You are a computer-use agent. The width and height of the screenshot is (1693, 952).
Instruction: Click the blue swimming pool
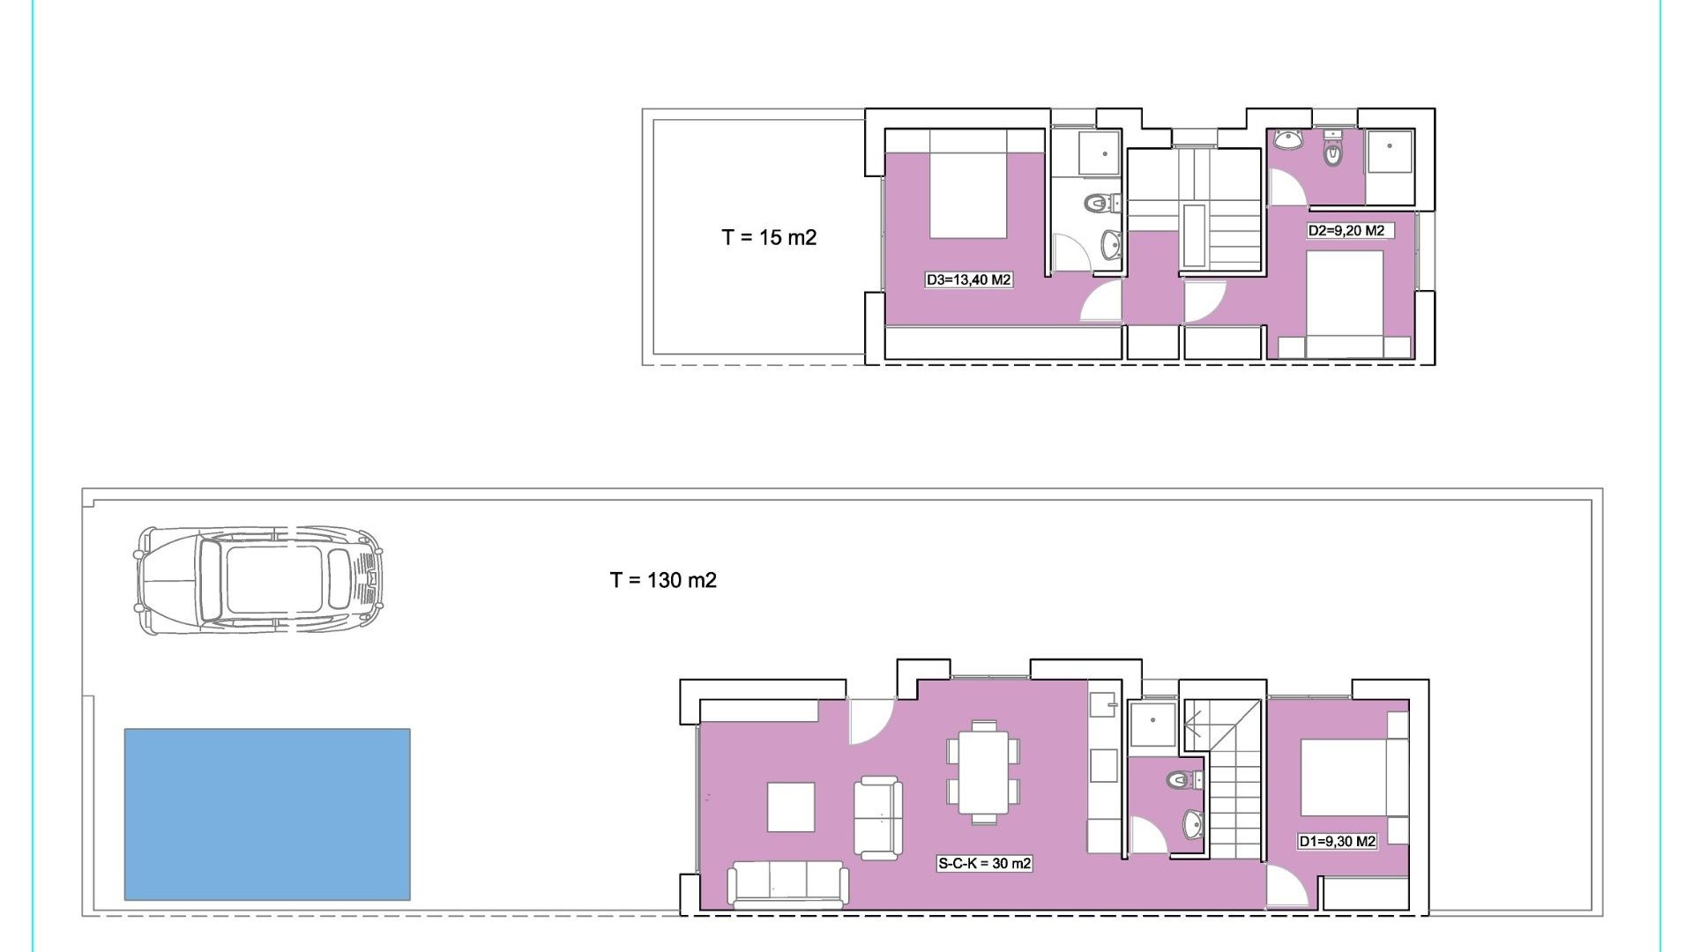[x=267, y=814]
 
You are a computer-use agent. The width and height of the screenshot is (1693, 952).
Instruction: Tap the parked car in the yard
[x=258, y=581]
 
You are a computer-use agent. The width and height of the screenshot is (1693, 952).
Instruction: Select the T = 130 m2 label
[x=663, y=580]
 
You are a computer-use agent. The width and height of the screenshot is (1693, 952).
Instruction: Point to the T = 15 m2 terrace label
[x=769, y=237]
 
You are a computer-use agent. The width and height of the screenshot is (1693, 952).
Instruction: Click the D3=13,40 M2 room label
[x=968, y=280]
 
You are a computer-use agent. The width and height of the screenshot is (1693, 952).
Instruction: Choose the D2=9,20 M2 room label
[x=1346, y=231]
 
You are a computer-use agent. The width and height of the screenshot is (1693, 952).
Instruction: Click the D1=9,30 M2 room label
[x=1337, y=841]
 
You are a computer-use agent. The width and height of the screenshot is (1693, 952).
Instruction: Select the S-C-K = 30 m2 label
[x=984, y=863]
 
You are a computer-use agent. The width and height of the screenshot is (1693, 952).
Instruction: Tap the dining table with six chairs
[x=983, y=772]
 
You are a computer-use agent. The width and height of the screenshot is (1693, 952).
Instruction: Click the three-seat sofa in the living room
[x=788, y=884]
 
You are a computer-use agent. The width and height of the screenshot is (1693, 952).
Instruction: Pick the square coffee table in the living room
[x=791, y=807]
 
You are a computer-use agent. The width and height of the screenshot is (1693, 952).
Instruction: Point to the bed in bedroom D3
[x=968, y=183]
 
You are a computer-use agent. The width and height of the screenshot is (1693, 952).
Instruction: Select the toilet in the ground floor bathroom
[x=1182, y=780]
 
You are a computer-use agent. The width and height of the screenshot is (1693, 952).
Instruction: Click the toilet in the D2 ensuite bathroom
[x=1332, y=153]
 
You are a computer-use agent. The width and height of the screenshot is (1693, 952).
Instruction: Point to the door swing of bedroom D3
[x=1100, y=301]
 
